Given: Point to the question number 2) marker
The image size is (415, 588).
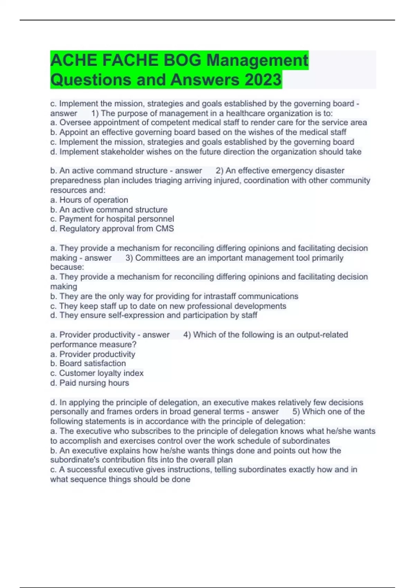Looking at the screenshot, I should (219, 171).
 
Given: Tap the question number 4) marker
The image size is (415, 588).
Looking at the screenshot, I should (187, 335).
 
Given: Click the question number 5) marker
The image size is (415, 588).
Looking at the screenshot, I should (296, 412).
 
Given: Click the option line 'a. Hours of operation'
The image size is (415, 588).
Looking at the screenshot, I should (89, 200).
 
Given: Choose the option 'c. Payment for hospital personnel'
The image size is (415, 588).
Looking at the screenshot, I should (112, 219).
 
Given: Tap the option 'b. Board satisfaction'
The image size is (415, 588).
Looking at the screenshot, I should (88, 364).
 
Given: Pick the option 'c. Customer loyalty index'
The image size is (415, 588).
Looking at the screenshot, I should (97, 373).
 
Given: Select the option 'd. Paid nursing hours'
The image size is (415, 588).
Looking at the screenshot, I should (90, 383).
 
